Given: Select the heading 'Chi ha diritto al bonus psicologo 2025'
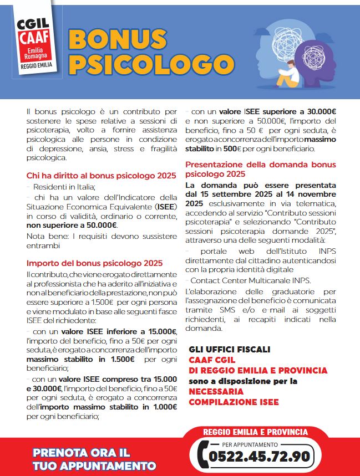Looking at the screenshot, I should point(102,176).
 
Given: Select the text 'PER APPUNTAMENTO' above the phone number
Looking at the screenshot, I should point(250,444).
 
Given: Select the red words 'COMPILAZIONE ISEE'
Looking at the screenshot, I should point(234,402).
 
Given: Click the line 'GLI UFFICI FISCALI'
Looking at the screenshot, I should point(230,349).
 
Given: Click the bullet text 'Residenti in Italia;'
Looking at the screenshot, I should point(64,187).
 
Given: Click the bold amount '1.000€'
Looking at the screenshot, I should point(163,407).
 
